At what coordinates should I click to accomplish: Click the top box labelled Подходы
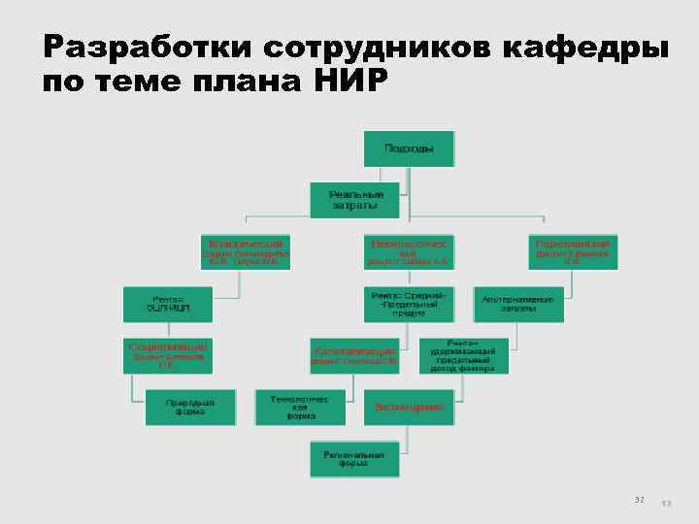(409, 148)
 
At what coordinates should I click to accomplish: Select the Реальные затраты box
(354, 200)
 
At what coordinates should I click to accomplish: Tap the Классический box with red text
(246, 251)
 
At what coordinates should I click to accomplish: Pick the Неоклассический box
(409, 251)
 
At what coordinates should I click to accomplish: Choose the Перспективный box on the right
(573, 251)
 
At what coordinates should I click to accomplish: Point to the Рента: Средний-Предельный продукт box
(409, 304)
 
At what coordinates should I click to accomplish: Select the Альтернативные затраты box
(518, 304)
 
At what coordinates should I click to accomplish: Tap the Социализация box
(167, 355)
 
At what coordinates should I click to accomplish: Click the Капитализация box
(354, 355)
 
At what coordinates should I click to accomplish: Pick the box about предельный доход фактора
(463, 355)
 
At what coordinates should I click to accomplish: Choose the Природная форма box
(190, 407)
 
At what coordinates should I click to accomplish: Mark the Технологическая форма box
(300, 407)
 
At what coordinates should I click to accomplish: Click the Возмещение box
(409, 407)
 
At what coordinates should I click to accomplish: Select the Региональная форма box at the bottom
(354, 458)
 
